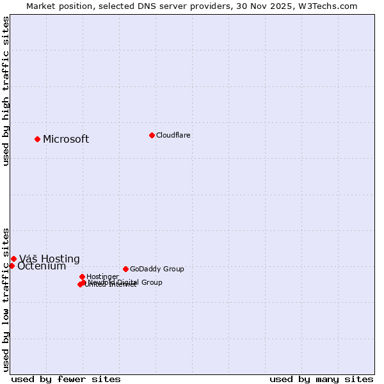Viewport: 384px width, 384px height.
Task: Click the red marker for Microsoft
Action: pos(37,139)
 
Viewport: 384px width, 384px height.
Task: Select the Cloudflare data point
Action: pos(152,135)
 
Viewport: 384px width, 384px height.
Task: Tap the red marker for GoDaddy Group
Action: pos(125,269)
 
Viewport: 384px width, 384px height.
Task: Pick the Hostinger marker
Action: pos(82,276)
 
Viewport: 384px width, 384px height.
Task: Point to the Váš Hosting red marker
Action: pos(13,259)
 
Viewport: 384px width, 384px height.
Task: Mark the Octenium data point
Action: pos(12,266)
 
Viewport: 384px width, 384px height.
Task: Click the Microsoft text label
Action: pos(66,140)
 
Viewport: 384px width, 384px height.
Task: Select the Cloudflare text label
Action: pos(173,135)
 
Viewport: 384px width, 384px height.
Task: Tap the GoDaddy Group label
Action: pos(157,269)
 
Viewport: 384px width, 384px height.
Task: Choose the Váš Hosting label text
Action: pos(49,259)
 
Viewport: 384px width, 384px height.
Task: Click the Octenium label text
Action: pos(42,266)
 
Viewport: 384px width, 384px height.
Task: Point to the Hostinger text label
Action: pos(102,276)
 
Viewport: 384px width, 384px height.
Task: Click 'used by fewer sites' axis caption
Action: pos(66,379)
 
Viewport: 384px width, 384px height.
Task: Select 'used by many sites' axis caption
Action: pos(321,379)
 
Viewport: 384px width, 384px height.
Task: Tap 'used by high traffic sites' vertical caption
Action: pos(6,91)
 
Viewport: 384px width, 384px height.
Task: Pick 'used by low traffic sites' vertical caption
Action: pos(6,299)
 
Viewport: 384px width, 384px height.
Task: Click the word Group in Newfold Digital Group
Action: pos(151,282)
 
